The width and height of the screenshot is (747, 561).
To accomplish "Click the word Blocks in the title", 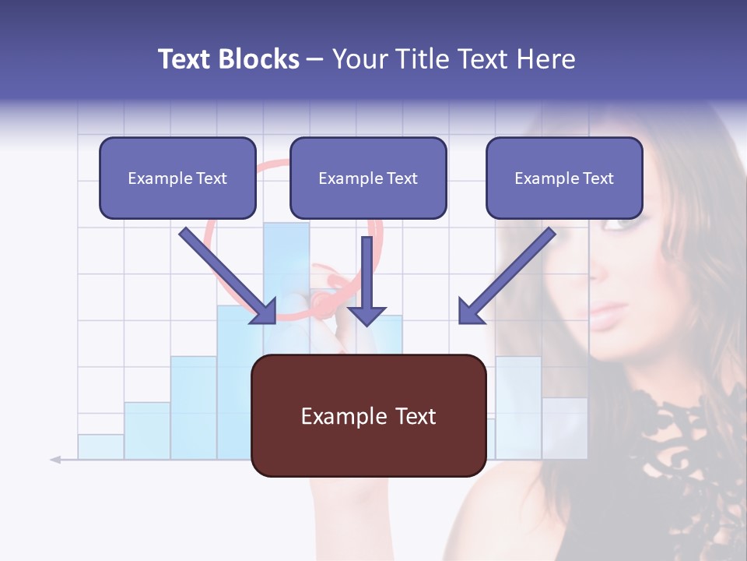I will (261, 59).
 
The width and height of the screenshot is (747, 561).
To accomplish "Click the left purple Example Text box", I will (177, 178).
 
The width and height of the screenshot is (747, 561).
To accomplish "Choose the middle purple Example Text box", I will (368, 178).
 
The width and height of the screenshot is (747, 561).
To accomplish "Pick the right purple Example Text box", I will (564, 178).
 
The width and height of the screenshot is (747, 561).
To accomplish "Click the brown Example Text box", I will (368, 415).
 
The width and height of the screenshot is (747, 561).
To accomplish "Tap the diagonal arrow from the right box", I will (506, 277).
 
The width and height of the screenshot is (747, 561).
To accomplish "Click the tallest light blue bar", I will (286, 265).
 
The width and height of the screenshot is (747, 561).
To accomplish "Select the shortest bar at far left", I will (100, 446).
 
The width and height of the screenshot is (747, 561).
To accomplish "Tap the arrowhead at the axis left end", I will (55, 460).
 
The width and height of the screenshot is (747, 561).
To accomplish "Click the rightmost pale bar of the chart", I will (565, 428).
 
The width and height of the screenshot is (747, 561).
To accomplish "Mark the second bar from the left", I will (147, 430).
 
